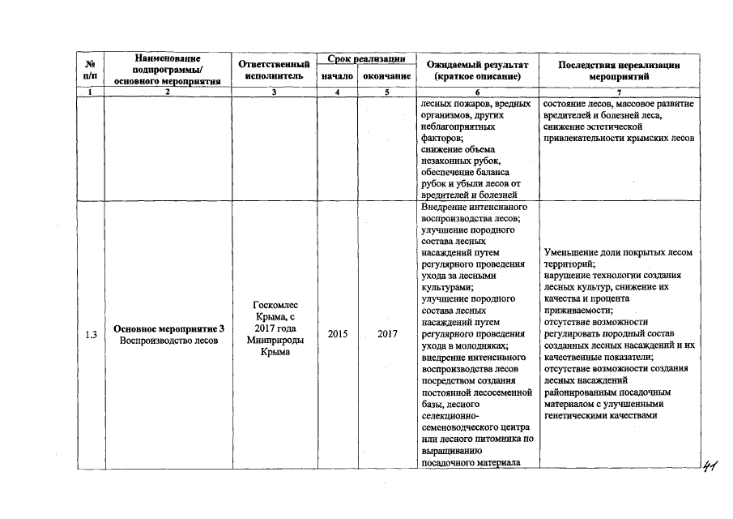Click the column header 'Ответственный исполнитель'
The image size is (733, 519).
pos(275,70)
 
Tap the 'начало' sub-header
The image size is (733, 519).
pos(337,76)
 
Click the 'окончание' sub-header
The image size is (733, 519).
pos(387,76)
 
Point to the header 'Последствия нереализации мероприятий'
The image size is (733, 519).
pos(620,70)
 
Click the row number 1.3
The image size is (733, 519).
pos(92,334)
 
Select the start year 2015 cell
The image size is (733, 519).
pos(337,334)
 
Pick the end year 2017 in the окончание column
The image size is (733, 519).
pos(387,334)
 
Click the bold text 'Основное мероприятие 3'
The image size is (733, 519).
pos(168,328)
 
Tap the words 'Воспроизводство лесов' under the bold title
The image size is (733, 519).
pos(168,341)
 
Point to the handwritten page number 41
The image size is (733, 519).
pos(710,465)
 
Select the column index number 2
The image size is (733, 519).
pos(168,92)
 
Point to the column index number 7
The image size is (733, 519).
pos(619,92)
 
